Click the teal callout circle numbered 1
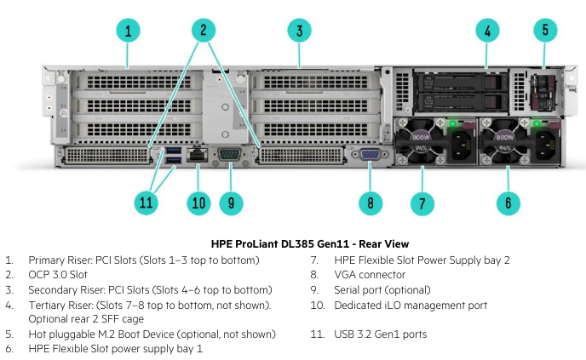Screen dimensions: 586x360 point(128,31)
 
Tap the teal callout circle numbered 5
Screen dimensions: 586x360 point(545,30)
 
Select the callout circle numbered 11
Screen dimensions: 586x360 point(146,203)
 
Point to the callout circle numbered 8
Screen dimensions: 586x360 point(371,203)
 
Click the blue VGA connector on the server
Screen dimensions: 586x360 point(370,154)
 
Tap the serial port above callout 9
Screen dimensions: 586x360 point(229,154)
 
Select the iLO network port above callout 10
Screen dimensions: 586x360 point(198,154)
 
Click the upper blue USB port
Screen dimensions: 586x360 point(173,151)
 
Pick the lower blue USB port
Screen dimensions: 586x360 point(173,160)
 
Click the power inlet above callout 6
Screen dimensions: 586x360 point(547,146)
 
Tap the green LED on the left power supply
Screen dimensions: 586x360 point(452,123)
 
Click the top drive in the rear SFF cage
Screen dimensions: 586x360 point(461,83)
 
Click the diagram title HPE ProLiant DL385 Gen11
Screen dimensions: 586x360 point(310,244)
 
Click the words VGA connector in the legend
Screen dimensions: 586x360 point(370,275)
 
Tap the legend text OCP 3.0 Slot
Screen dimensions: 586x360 point(58,275)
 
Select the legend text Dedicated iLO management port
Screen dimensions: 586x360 point(411,306)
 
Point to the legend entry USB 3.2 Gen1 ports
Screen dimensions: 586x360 point(381,334)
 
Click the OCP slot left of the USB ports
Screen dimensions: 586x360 point(107,156)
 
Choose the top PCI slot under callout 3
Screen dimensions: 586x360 point(316,82)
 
